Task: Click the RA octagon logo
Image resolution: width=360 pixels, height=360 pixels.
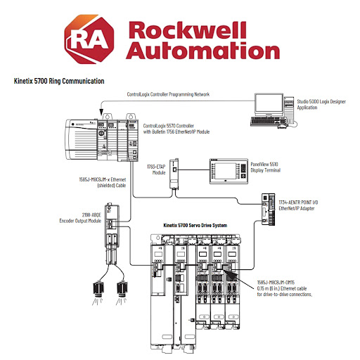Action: click(89, 39)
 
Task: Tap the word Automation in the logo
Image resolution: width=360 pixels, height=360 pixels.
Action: click(203, 51)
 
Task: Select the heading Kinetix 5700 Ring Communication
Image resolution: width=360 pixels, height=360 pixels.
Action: click(59, 81)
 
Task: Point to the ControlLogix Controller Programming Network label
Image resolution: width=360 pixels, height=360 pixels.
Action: click(168, 94)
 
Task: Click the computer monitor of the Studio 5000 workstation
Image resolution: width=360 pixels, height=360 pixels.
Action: click(269, 105)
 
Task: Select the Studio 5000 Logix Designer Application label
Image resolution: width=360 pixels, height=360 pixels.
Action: click(321, 105)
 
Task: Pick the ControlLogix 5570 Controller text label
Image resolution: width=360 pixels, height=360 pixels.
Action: click(176, 129)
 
